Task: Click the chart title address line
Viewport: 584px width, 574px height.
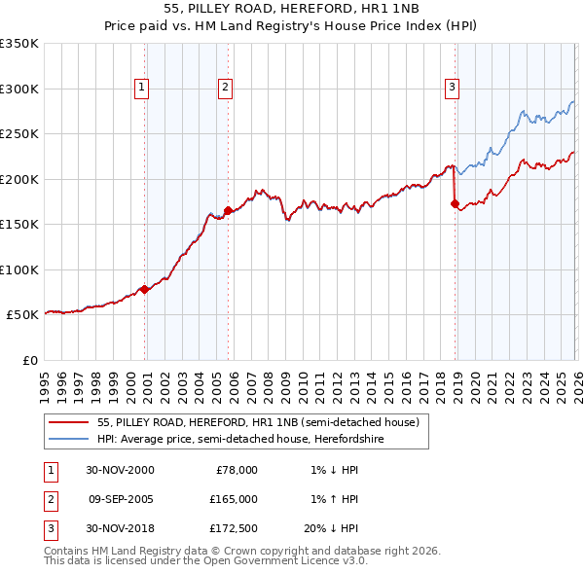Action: (291, 9)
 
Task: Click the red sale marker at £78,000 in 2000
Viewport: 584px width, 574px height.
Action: (145, 289)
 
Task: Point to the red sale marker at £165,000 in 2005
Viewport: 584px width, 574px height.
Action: (228, 210)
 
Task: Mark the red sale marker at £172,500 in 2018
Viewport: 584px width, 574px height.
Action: (455, 203)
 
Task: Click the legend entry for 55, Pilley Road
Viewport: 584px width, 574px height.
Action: (258, 422)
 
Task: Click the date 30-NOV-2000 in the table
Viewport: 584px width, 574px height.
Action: (120, 470)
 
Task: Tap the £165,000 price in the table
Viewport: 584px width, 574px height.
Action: (235, 499)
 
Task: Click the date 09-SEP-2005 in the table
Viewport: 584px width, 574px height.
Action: (120, 499)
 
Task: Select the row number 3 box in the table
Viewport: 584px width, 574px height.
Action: (49, 528)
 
